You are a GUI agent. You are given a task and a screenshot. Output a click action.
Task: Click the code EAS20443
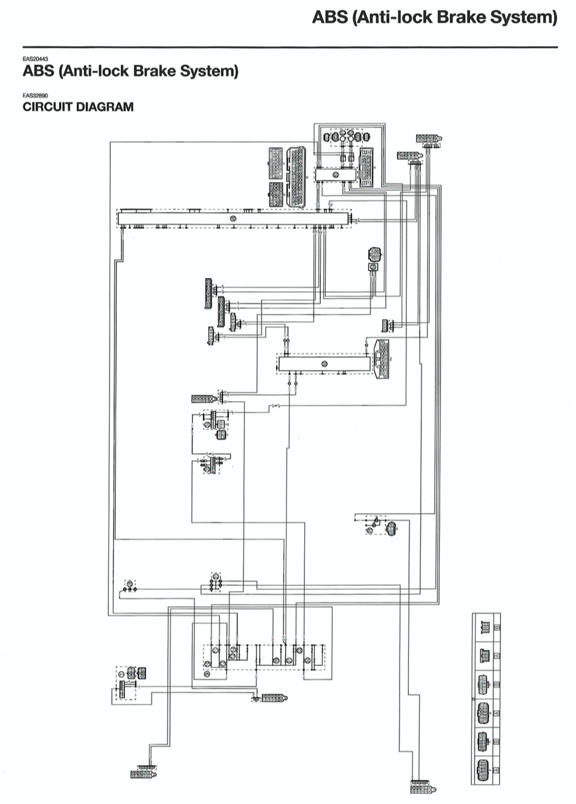(x=35, y=58)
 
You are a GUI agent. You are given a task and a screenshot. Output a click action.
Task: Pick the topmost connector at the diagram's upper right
(x=429, y=138)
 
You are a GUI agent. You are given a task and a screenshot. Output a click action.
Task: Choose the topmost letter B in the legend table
(x=497, y=628)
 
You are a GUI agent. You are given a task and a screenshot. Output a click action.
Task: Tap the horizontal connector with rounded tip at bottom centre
(x=275, y=698)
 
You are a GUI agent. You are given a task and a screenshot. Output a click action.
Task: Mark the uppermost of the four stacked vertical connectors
(x=208, y=293)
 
